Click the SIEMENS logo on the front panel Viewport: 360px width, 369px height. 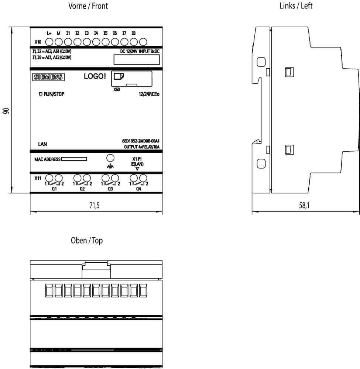pos(48,77)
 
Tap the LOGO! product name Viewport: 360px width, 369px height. pos(95,76)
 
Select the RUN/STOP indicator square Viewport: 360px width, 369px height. pos(41,94)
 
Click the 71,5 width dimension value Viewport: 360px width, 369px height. pos(95,206)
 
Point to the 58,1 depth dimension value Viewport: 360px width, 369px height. pos(304,206)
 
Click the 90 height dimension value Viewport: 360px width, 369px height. pos(6,111)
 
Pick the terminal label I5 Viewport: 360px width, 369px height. pos(106,33)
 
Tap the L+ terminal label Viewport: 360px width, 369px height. pos(49,33)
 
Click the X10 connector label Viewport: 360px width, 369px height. pos(38,42)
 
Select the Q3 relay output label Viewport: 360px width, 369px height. pos(110,189)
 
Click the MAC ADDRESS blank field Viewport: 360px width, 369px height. pos(74,159)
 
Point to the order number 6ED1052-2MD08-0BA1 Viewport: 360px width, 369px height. pos(141,141)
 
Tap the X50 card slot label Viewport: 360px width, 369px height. pos(117,89)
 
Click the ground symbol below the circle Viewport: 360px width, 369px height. pos(110,166)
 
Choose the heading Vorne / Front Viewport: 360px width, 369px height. pos(88,6)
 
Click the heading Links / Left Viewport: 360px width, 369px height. pos(296,6)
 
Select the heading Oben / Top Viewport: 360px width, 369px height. pos(87,241)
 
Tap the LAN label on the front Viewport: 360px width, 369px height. pos(42,144)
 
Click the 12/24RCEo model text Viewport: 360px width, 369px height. pos(149,94)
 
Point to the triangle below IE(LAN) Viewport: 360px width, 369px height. pos(137,169)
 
